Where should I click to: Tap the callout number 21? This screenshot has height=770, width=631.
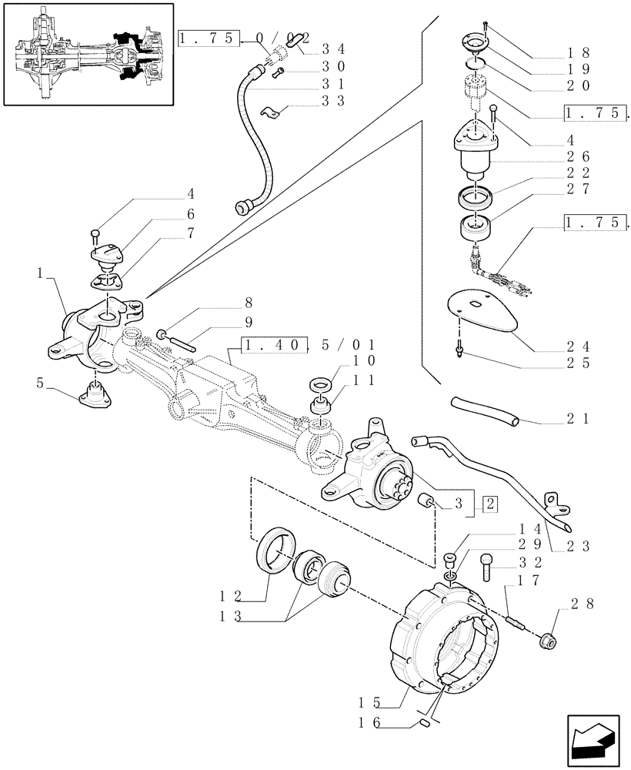(578, 420)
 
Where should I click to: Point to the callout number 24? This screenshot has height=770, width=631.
(578, 346)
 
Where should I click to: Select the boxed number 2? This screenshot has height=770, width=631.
(489, 504)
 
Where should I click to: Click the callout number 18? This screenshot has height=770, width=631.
(578, 53)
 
